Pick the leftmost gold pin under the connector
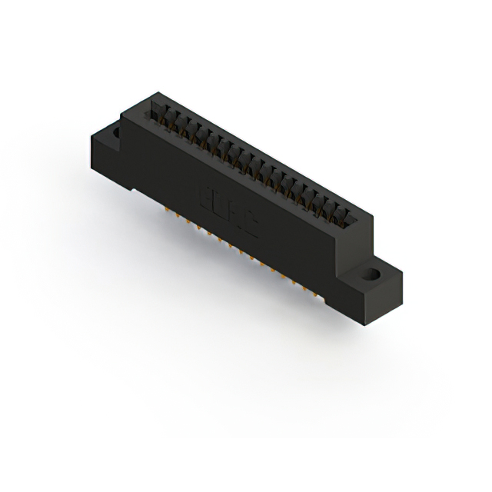(165, 208)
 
